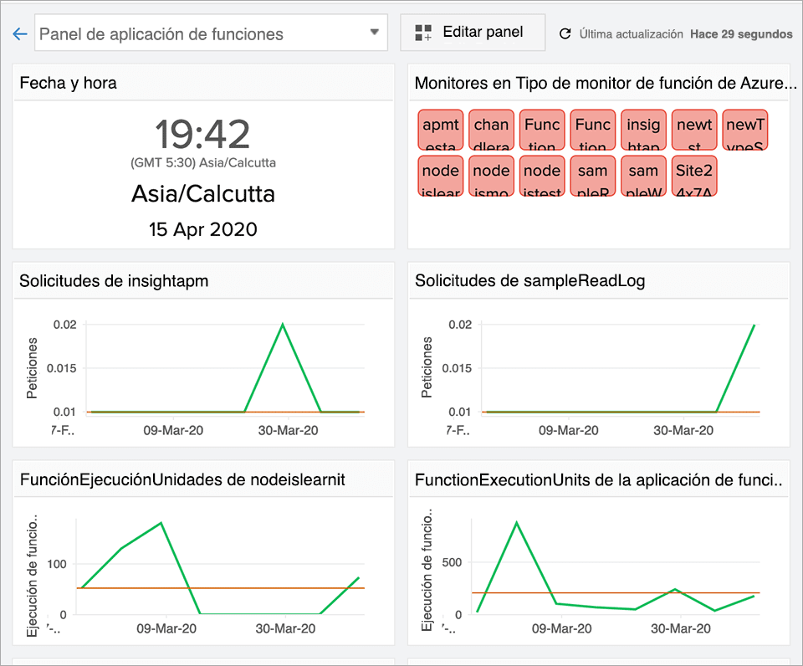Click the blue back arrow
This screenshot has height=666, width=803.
click(20, 34)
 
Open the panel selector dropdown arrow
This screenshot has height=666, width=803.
click(374, 33)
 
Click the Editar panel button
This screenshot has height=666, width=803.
click(473, 33)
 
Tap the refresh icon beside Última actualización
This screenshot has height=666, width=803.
click(565, 34)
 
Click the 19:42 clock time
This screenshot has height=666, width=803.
click(202, 134)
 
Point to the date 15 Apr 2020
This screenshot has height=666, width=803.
click(202, 229)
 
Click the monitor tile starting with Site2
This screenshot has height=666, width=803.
click(694, 177)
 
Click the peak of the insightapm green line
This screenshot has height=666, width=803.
click(283, 324)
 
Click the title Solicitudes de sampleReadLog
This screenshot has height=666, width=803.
click(529, 281)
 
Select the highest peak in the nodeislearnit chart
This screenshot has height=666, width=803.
click(160, 523)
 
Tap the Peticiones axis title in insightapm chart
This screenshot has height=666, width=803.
click(33, 368)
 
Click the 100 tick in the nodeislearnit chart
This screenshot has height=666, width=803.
click(56, 563)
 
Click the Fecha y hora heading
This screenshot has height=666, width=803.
click(69, 83)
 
